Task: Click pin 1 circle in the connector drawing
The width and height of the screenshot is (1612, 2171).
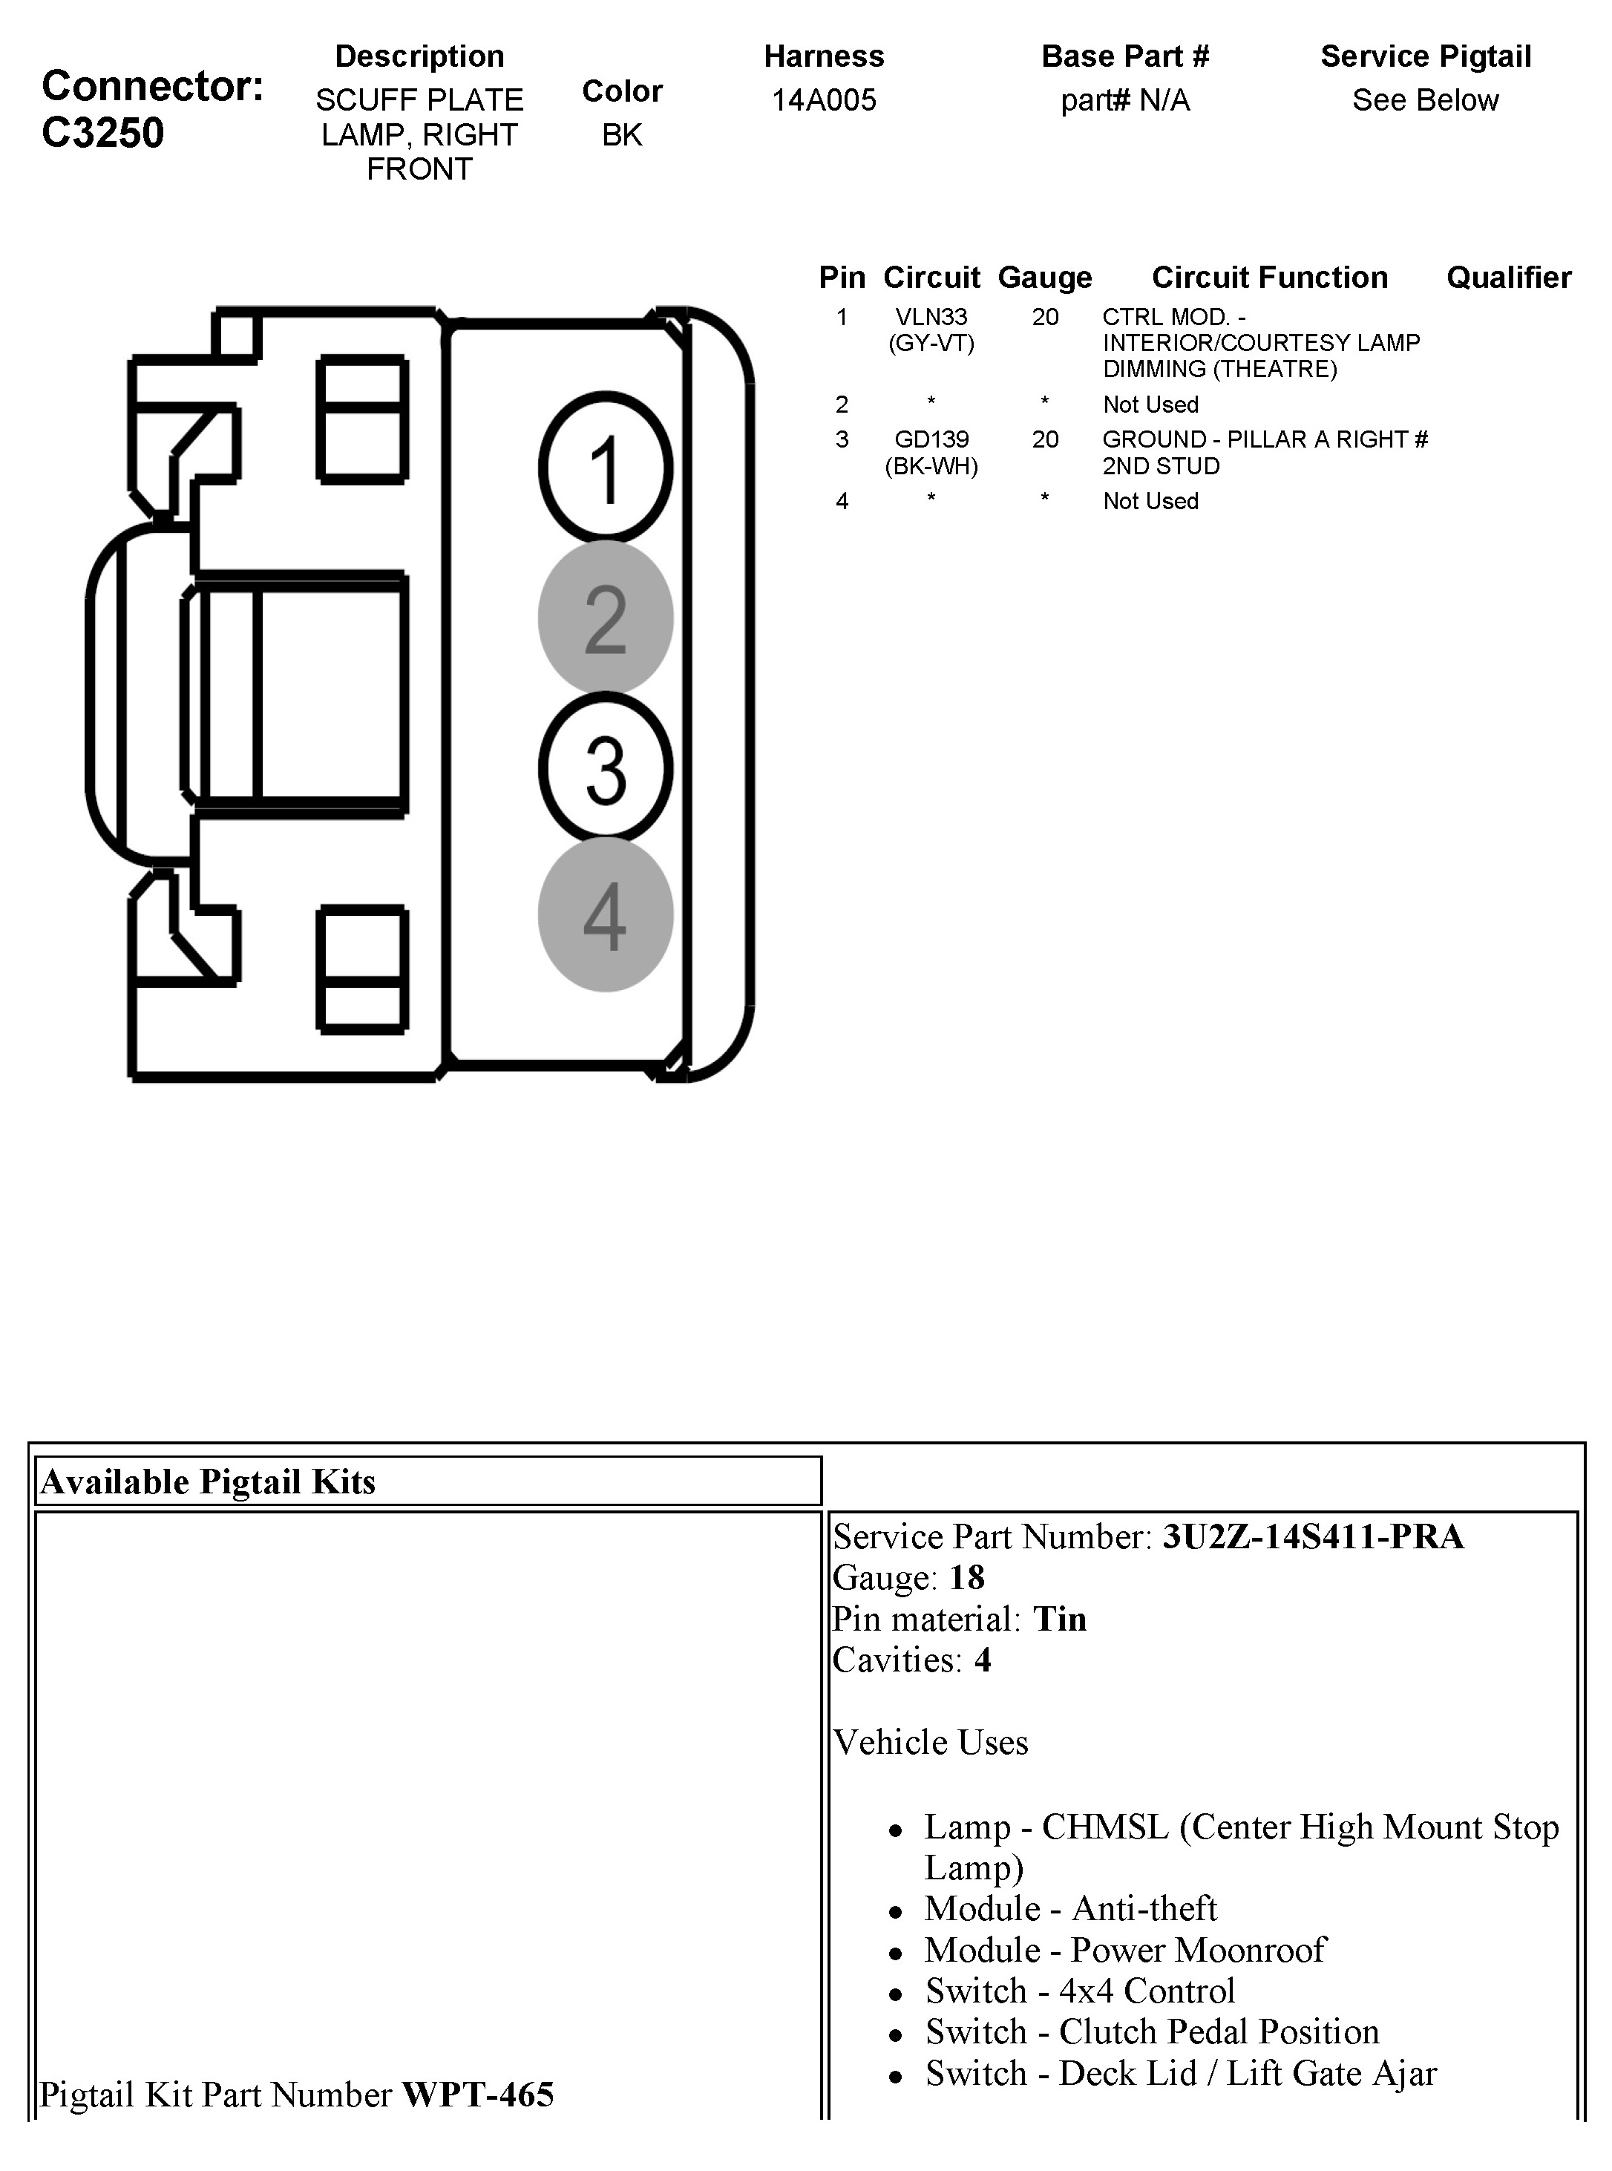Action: pyautogui.click(x=605, y=468)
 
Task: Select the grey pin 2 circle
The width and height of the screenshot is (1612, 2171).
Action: pyautogui.click(x=605, y=618)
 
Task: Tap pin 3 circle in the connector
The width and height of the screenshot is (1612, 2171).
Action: pyautogui.click(x=605, y=769)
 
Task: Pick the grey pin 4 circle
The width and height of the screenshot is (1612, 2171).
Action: pyautogui.click(x=605, y=915)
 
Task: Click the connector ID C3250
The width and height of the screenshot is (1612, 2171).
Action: pyautogui.click(x=102, y=133)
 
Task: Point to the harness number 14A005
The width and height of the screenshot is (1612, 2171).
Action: pyautogui.click(x=824, y=99)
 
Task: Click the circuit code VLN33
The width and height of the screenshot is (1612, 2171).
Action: pyautogui.click(x=931, y=317)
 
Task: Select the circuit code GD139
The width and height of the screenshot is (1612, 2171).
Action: pyautogui.click(x=931, y=440)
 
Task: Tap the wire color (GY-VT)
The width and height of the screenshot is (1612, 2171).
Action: pyautogui.click(x=931, y=344)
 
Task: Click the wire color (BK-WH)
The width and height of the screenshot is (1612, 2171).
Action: pyautogui.click(x=931, y=466)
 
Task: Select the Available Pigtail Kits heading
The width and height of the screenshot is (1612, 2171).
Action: pyautogui.click(x=208, y=1482)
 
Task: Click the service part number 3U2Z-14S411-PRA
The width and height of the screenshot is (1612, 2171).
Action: pyautogui.click(x=1312, y=1537)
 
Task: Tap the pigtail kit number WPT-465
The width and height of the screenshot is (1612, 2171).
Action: pyautogui.click(x=478, y=2095)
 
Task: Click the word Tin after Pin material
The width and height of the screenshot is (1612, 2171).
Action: pyautogui.click(x=1060, y=1619)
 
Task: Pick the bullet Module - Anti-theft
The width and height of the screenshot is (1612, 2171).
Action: pyautogui.click(x=1070, y=1908)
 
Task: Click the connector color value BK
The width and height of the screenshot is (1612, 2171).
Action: pyautogui.click(x=622, y=134)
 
